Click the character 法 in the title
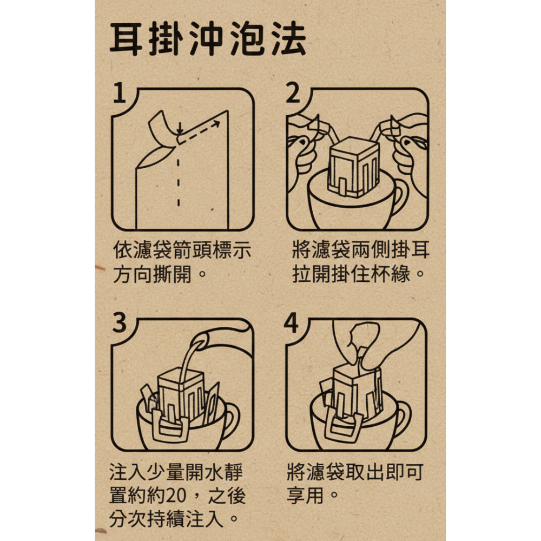(287, 39)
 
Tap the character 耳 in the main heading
(128, 39)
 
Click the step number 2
(293, 95)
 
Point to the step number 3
(120, 324)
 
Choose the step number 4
(292, 324)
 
